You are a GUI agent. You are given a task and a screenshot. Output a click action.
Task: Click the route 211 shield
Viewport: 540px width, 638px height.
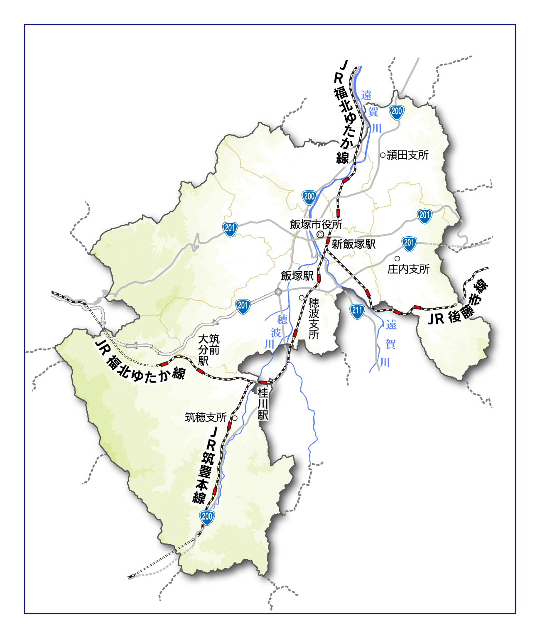[357, 311]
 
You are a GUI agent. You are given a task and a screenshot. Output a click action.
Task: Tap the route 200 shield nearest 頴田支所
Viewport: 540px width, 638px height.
[397, 111]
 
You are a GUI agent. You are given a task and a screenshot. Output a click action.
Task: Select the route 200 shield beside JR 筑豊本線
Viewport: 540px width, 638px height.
[207, 517]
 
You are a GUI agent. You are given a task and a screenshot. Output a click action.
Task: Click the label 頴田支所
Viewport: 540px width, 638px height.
[407, 155]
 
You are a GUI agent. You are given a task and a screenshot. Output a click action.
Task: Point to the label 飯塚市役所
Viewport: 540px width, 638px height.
[316, 225]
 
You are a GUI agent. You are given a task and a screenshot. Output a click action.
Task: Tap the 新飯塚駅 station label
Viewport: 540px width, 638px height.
[353, 244]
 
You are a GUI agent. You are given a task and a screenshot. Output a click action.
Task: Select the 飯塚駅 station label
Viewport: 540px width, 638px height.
[297, 276]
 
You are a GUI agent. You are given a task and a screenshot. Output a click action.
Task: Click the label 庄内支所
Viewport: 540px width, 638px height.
[408, 269]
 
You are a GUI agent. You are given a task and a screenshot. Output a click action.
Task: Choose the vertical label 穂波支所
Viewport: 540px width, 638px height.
[314, 319]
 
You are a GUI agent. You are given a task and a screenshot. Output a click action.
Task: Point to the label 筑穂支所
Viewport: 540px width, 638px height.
[206, 417]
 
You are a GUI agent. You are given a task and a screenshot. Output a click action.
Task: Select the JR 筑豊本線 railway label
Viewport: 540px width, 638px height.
[206, 465]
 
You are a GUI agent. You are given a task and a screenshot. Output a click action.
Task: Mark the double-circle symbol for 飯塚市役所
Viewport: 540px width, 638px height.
[320, 235]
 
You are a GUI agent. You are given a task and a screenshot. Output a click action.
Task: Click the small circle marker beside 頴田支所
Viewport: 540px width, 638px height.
[383, 155]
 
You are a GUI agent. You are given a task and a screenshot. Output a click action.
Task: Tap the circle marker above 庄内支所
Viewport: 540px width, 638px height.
[397, 259]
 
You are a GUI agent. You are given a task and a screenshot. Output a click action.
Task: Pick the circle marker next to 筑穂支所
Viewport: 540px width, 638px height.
[235, 418]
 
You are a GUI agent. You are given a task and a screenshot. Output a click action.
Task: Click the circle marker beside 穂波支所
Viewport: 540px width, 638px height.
[302, 298]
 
